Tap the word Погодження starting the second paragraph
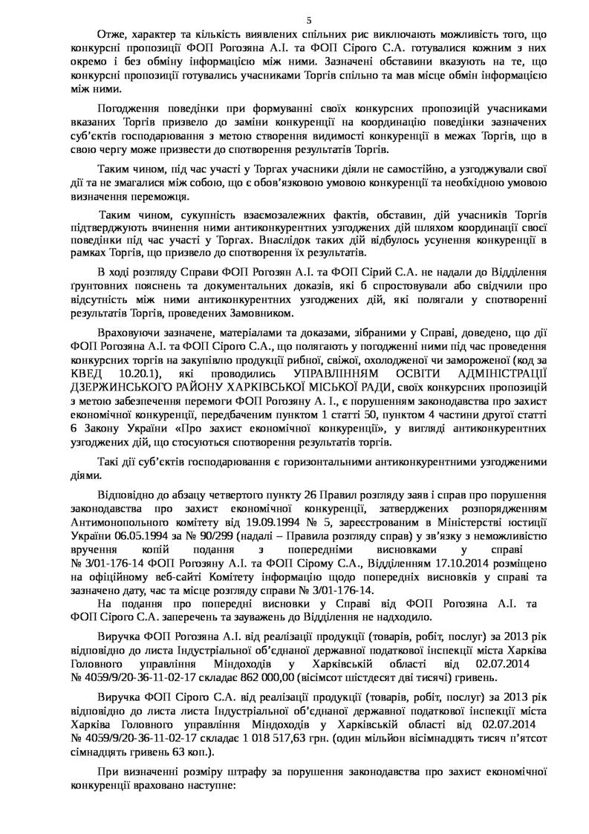126,106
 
